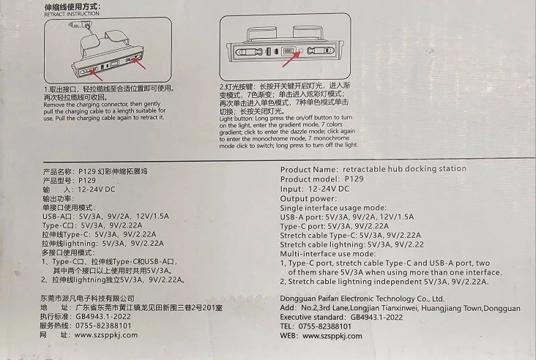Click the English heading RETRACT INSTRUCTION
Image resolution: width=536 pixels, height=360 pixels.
(72, 14)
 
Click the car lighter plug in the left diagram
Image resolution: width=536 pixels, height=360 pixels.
(79, 25)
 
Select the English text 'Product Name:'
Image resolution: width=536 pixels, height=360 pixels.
(309, 170)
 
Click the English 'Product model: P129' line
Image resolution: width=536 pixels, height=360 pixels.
(322, 179)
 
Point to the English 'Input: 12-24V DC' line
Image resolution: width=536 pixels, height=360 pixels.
(315, 189)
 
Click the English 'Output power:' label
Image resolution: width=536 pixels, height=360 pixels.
(308, 199)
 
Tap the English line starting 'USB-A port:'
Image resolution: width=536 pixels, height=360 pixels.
(347, 217)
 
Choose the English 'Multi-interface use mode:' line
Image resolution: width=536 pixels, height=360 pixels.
(328, 254)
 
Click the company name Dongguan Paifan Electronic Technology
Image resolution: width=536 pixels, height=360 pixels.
(362, 299)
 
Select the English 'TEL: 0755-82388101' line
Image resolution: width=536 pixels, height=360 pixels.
(316, 326)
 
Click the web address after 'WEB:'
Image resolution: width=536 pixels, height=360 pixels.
(332, 336)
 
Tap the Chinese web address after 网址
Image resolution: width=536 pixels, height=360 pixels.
(106, 335)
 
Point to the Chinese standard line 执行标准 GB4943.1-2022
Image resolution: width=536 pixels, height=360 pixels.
(86, 317)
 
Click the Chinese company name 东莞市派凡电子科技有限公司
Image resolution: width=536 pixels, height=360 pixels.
(88, 299)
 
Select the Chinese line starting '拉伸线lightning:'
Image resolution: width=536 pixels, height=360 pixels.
(103, 244)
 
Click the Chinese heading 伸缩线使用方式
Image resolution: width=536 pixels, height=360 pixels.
(72, 7)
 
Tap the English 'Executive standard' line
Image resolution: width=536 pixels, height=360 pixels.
(341, 318)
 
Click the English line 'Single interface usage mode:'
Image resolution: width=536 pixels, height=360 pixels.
(333, 208)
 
